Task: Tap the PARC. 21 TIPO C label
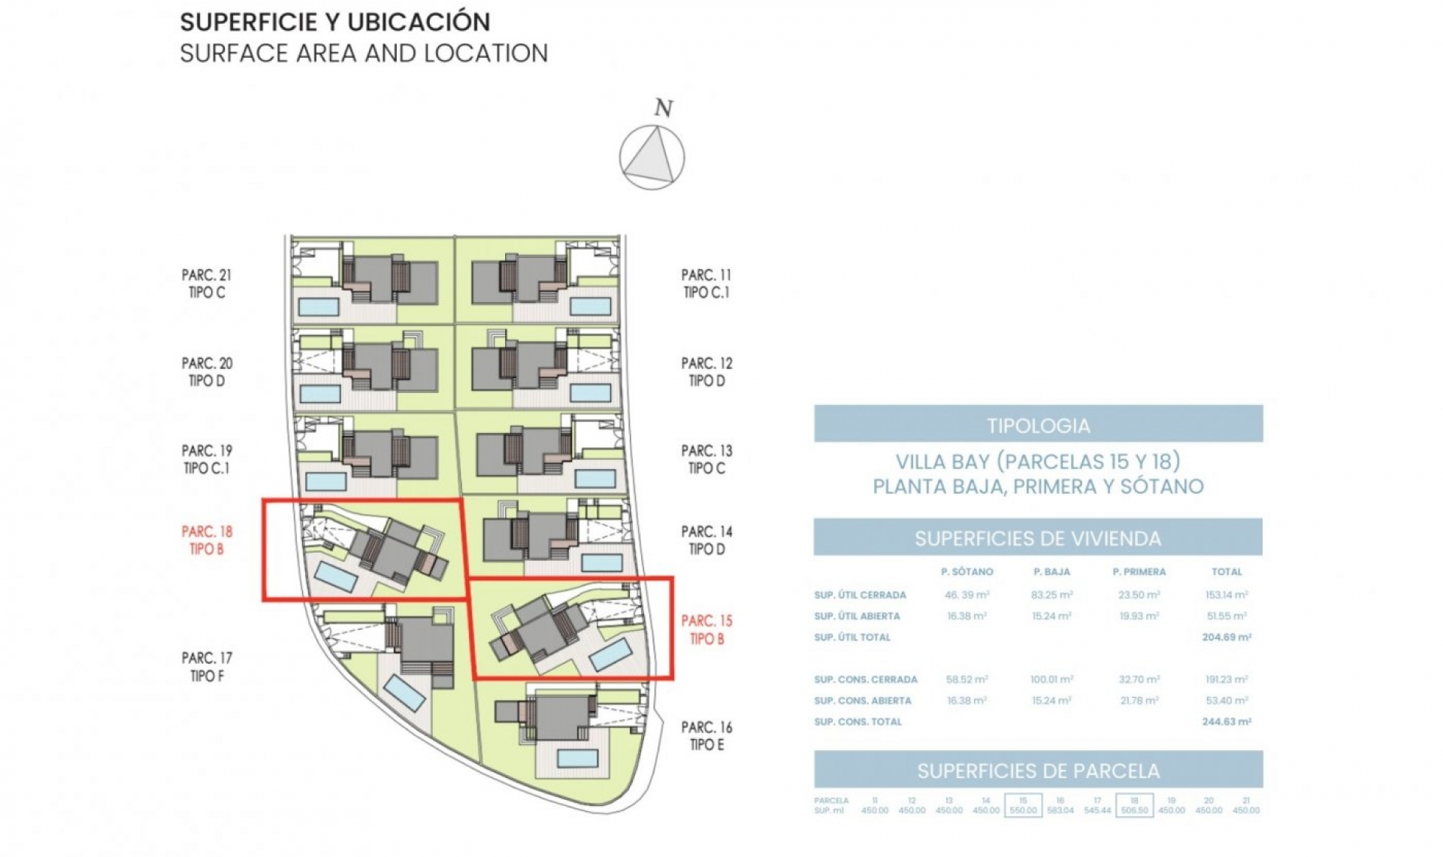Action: point(207,284)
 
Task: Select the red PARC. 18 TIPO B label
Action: point(207,541)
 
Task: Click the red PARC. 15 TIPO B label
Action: point(706,630)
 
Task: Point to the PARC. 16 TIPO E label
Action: point(706,736)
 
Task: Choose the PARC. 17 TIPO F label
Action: point(207,667)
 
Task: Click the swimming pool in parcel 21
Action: point(319,306)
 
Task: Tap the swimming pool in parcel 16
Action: point(577,758)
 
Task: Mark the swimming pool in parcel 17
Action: point(405,692)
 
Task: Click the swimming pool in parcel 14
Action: point(601,562)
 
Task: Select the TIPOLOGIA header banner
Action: point(1038,425)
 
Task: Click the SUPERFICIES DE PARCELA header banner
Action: point(1038,771)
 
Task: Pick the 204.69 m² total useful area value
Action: point(1226,637)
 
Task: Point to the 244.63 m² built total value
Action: point(1226,722)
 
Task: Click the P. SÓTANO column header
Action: point(967,572)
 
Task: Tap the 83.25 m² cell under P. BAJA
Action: point(1051,595)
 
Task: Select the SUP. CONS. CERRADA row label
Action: point(865,680)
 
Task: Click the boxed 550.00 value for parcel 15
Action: point(1023,810)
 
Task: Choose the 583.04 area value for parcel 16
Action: point(1060,810)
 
